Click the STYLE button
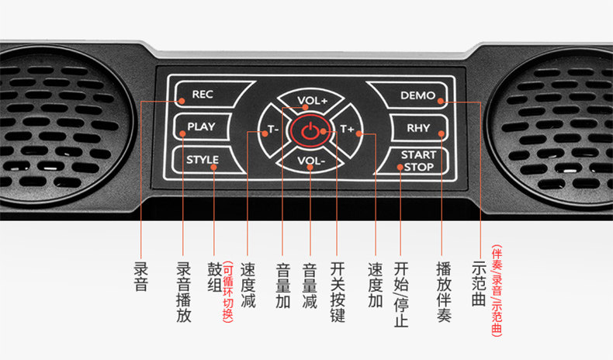pyautogui.click(x=203, y=161)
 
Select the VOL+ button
pyautogui.click(x=313, y=100)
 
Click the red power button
pyautogui.click(x=309, y=130)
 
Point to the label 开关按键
pyautogui.click(x=336, y=291)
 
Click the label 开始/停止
pyautogui.click(x=400, y=293)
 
